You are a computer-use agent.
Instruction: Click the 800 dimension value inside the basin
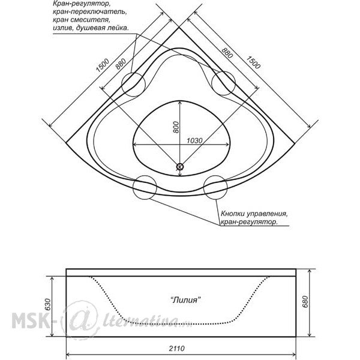click(176, 127)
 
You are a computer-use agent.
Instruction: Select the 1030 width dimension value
click(194, 140)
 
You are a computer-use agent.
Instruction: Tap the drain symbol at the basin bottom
click(180, 167)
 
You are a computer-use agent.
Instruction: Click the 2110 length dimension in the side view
click(176, 348)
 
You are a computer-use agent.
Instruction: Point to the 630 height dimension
click(48, 304)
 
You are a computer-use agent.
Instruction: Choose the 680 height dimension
click(305, 302)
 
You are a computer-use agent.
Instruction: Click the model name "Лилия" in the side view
click(186, 300)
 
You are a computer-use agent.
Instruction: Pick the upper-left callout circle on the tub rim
click(133, 84)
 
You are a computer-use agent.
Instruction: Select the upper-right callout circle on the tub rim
click(223, 83)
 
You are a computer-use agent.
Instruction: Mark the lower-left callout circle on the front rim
click(145, 187)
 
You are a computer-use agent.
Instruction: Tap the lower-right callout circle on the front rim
click(215, 187)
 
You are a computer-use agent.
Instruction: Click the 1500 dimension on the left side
click(103, 65)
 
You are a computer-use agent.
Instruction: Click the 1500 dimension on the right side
click(253, 62)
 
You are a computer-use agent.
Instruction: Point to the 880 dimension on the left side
click(121, 64)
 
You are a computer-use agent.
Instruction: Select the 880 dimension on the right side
click(227, 53)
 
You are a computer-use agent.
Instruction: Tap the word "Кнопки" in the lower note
click(233, 214)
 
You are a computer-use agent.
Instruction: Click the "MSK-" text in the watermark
click(31, 319)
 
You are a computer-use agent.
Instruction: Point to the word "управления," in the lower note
click(267, 214)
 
